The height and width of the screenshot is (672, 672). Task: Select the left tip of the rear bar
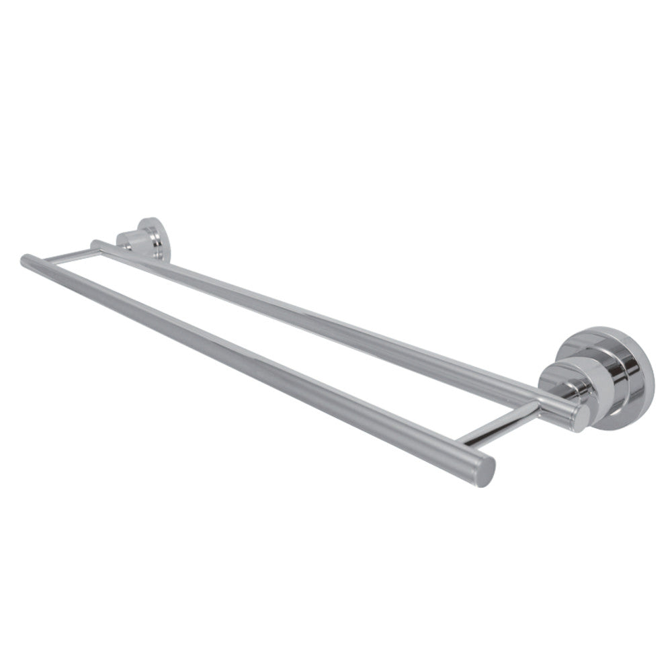95,243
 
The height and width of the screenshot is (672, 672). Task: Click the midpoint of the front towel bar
259,364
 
